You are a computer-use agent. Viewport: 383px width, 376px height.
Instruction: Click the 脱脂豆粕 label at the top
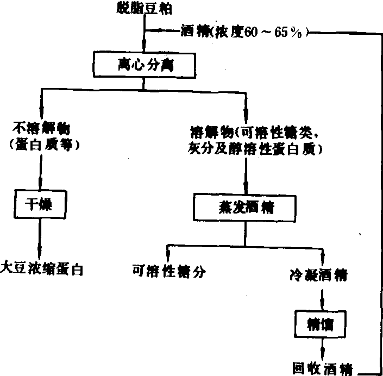coord(143,8)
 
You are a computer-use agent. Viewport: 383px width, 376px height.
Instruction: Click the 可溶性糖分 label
coord(169,270)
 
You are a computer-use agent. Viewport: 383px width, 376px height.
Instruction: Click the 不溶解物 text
coord(40,129)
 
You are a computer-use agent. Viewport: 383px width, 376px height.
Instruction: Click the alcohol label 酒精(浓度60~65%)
coord(244,32)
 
